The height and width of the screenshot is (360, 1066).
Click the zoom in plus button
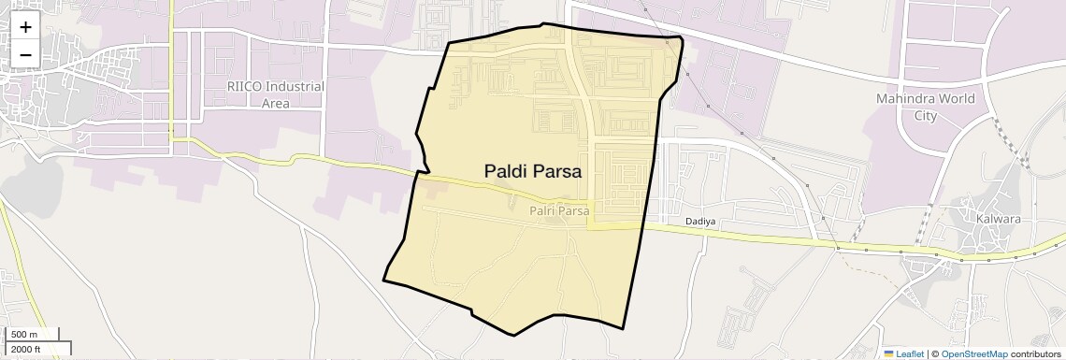coord(25,27)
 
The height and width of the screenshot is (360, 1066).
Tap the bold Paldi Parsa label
coord(532,171)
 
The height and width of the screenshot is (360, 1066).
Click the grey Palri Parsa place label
coord(559,211)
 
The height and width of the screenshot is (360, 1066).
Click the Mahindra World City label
coord(925,107)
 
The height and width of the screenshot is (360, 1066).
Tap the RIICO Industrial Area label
coord(276,94)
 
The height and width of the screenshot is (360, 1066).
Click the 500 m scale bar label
coord(24,335)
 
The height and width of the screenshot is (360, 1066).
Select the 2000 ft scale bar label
coord(26,349)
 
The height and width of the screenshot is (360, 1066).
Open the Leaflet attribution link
coord(909,353)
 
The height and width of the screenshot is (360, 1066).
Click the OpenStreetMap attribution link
coord(974,353)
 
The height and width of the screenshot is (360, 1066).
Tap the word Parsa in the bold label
coord(556,171)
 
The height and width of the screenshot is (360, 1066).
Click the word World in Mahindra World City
coord(955,98)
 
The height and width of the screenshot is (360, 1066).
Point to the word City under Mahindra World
coord(925,115)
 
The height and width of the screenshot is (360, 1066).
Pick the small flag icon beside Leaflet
coord(888,353)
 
